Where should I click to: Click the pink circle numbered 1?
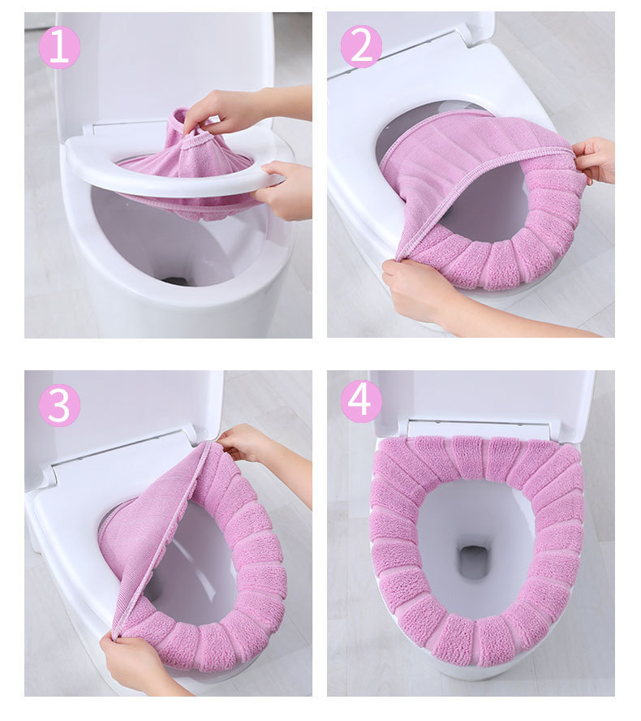[x=60, y=47]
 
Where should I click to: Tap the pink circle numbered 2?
[x=361, y=46]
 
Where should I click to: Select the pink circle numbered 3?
[x=60, y=405]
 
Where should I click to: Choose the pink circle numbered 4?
[x=361, y=401]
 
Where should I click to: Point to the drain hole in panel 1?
[x=176, y=280]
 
